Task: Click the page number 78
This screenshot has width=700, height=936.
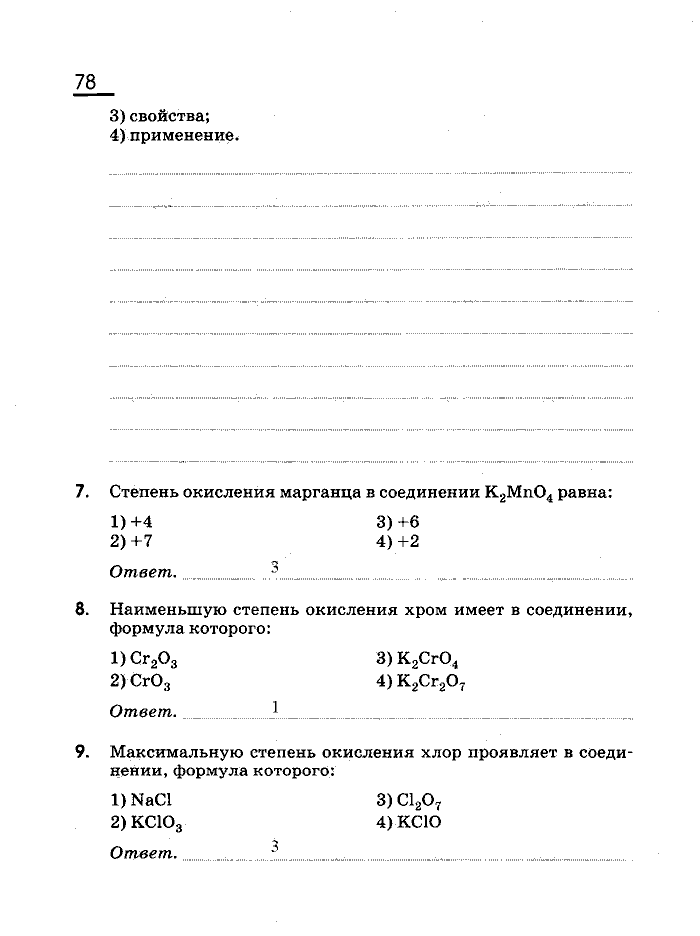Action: pyautogui.click(x=85, y=82)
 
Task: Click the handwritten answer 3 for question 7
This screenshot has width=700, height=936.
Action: pyautogui.click(x=274, y=567)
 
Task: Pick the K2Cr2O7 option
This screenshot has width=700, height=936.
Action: pyautogui.click(x=421, y=682)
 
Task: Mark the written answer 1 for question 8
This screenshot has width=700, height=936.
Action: pyautogui.click(x=274, y=707)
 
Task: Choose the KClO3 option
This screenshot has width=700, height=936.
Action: pyautogui.click(x=147, y=822)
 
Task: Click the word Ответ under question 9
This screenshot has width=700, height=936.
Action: pyautogui.click(x=143, y=853)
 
